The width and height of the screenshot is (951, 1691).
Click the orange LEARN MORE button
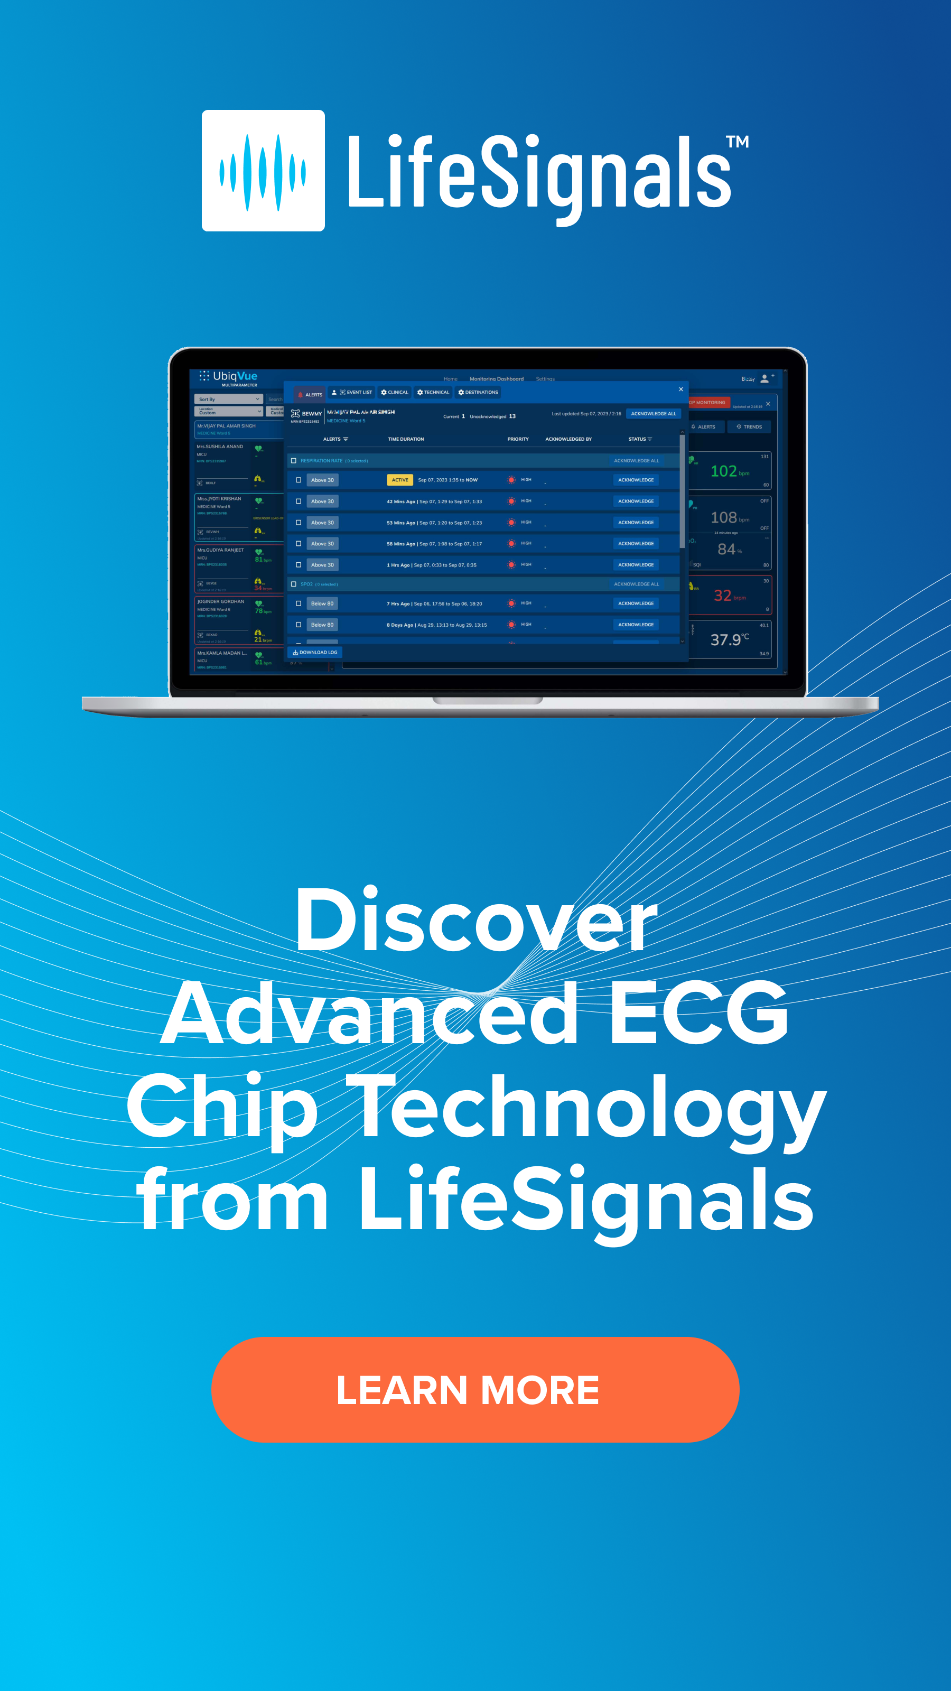(x=475, y=1390)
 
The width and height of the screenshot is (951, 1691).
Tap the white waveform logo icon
(x=263, y=171)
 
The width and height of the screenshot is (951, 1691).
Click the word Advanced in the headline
(x=369, y=1012)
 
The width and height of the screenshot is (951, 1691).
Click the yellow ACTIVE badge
(x=400, y=480)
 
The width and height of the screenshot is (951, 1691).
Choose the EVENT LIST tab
(x=352, y=393)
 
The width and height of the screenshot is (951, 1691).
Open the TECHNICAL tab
(x=433, y=393)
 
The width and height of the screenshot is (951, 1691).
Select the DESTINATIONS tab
(x=479, y=393)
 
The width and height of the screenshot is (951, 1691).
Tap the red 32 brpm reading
(x=729, y=596)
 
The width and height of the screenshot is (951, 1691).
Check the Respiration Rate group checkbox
(x=293, y=461)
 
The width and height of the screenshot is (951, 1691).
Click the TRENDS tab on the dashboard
(x=749, y=426)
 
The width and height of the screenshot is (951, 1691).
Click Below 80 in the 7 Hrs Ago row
(x=322, y=603)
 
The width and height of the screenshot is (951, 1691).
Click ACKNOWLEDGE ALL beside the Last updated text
(x=653, y=414)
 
